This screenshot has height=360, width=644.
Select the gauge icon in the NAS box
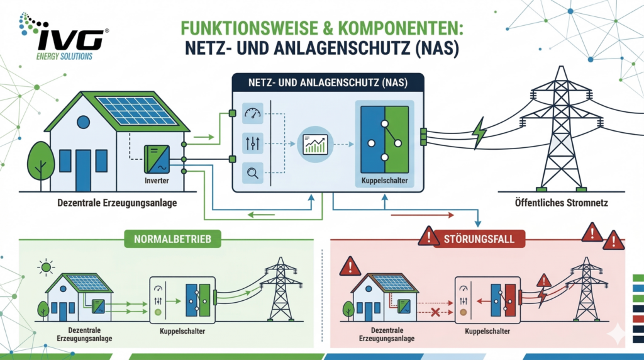(252, 114)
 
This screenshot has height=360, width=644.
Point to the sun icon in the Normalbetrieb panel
(45, 268)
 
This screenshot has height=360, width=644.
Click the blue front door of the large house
(83, 170)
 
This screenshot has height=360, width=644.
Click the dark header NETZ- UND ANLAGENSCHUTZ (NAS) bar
(328, 81)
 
